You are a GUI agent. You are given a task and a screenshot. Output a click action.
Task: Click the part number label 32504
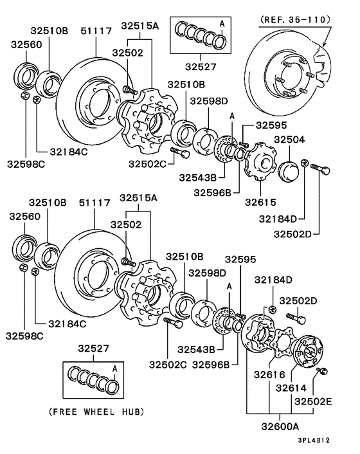point(289,140)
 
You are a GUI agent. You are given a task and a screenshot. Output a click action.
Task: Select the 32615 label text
point(260,202)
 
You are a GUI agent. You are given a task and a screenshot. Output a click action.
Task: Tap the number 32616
point(269,375)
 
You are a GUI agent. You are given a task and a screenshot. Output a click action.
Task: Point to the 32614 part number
point(291,388)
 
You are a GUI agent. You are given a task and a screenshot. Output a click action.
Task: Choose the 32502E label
point(313,402)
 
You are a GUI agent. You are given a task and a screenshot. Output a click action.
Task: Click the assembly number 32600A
point(280,426)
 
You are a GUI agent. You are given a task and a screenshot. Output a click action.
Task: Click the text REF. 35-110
point(295,20)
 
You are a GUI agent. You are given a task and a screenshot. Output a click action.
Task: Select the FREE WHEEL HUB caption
point(96,412)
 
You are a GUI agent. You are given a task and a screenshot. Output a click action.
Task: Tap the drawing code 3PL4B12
point(314,440)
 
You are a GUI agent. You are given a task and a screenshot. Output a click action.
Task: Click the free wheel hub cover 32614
point(309,351)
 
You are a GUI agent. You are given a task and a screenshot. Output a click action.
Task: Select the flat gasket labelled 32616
point(284,343)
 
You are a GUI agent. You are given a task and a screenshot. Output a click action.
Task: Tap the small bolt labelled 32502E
point(321,370)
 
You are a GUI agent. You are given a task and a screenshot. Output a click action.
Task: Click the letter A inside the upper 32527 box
point(222,23)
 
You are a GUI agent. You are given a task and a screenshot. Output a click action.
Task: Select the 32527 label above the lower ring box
point(93,349)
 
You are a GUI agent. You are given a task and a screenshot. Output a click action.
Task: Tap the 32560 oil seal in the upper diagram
point(26,76)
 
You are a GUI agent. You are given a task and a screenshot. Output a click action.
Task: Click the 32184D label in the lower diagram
point(273,280)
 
